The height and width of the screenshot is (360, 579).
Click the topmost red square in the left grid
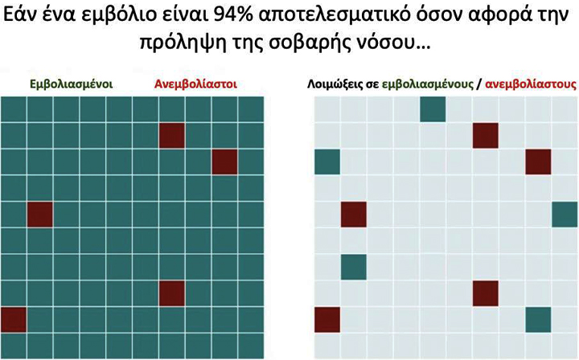[172, 135]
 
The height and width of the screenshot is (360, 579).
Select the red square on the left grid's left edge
[14, 319]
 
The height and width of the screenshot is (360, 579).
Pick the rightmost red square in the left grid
[225, 161]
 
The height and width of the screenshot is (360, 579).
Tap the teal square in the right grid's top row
[433, 108]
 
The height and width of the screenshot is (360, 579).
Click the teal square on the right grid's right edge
[565, 214]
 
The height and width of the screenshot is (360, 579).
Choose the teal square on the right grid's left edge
[327, 162]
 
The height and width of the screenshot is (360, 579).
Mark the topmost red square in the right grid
[486, 135]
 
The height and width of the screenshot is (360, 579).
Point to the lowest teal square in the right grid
[538, 319]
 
